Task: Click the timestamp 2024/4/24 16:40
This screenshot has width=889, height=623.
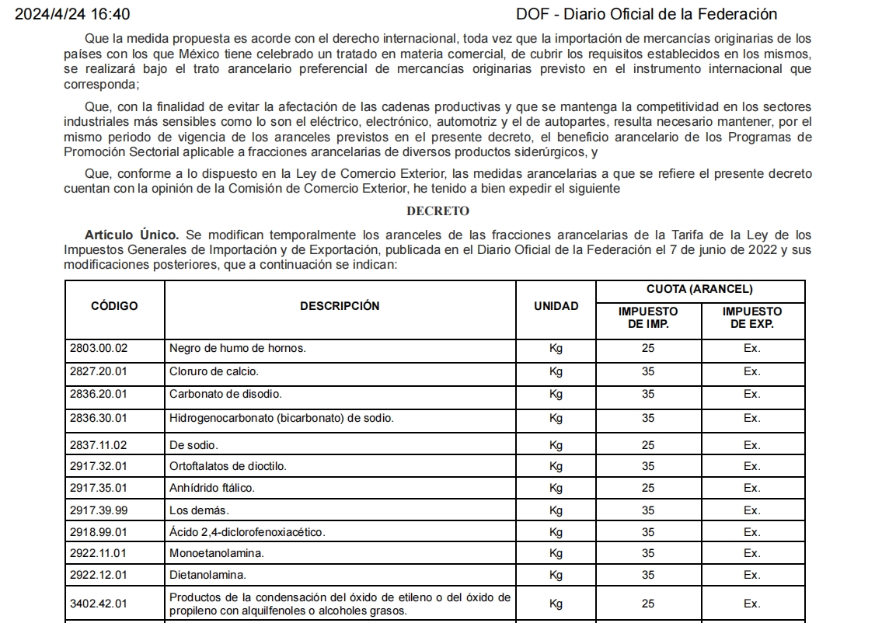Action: pyautogui.click(x=73, y=15)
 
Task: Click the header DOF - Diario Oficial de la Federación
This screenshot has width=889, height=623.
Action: pyautogui.click(x=647, y=15)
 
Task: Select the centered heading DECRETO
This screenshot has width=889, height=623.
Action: pyautogui.click(x=438, y=211)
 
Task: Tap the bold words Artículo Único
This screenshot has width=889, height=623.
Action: pyautogui.click(x=132, y=235)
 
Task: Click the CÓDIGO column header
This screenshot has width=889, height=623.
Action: pyautogui.click(x=114, y=306)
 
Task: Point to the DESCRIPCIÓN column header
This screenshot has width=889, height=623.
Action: pyautogui.click(x=340, y=306)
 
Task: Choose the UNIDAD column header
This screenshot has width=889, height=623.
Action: pyautogui.click(x=556, y=306)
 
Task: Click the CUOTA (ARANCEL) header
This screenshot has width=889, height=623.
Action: pyautogui.click(x=699, y=290)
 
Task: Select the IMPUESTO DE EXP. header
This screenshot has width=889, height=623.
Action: pyautogui.click(x=751, y=318)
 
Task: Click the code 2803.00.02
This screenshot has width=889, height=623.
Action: pyautogui.click(x=99, y=348)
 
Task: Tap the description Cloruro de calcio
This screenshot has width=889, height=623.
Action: pyautogui.click(x=214, y=371)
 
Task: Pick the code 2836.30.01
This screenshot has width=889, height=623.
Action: pyautogui.click(x=99, y=418)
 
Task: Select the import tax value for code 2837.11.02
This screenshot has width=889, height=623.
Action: pyautogui.click(x=648, y=445)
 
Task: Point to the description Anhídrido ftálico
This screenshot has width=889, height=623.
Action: pyautogui.click(x=212, y=488)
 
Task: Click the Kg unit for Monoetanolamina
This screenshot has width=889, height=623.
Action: pyautogui.click(x=556, y=553)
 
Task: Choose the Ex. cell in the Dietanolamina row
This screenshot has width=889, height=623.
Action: pyautogui.click(x=751, y=575)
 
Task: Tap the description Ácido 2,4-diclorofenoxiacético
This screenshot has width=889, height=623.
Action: pyautogui.click(x=247, y=532)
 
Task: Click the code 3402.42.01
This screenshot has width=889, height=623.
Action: pyautogui.click(x=99, y=604)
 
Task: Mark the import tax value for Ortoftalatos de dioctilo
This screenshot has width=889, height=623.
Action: pyautogui.click(x=648, y=466)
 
